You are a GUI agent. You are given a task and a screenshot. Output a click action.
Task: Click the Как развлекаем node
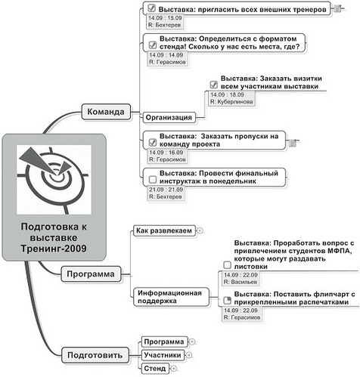pyautogui.click(x=163, y=229)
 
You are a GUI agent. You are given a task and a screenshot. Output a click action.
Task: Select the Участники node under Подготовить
pyautogui.click(x=162, y=354)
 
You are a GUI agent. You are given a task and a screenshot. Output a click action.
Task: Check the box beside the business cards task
pyautogui.click(x=214, y=85)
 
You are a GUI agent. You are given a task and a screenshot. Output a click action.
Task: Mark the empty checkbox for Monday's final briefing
pyautogui.click(x=152, y=178)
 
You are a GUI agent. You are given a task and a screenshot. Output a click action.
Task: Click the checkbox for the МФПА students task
pyautogui.click(x=227, y=264)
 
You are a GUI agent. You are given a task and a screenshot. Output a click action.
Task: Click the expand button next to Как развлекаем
pyautogui.click(x=200, y=229)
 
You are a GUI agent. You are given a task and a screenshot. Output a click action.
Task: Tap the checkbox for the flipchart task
pyautogui.click(x=227, y=301)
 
